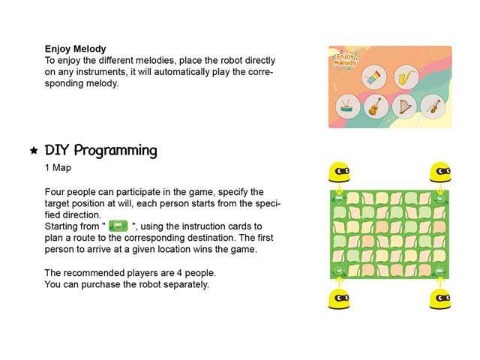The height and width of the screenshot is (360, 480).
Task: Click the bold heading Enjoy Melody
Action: (75, 49)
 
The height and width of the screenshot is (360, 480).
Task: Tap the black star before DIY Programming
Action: (34, 151)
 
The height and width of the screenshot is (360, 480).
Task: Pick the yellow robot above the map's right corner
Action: (439, 172)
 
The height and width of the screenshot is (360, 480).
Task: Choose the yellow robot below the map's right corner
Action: (439, 298)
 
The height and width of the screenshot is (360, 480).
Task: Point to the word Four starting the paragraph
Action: (55, 192)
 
